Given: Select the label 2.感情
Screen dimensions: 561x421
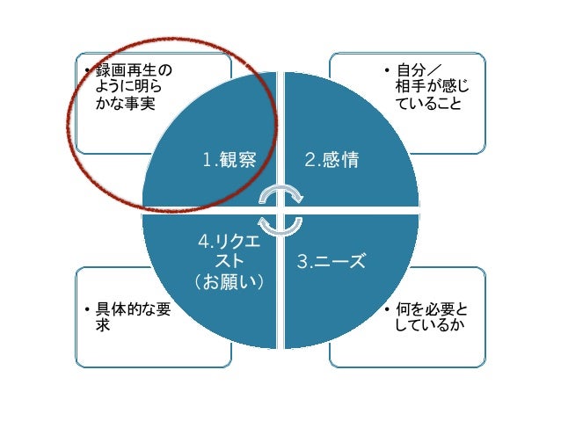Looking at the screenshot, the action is (332, 160).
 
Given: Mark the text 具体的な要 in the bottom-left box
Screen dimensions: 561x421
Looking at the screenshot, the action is (133, 311).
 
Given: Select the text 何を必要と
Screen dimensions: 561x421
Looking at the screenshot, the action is (432, 311).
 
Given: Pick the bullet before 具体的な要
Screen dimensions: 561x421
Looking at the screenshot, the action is (86, 311).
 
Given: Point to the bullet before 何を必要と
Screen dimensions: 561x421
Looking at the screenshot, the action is (388, 311).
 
